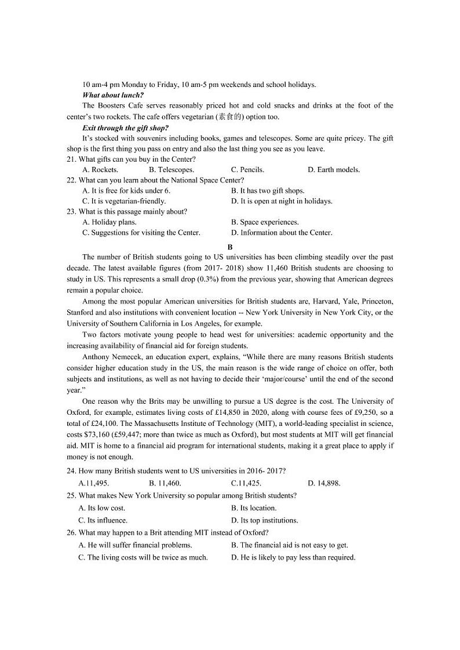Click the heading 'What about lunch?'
coord(113,95)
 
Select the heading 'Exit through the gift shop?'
coord(125,127)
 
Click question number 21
coord(71,159)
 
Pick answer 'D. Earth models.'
coord(334,170)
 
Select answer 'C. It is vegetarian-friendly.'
coord(124,201)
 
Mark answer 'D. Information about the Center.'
coord(282,232)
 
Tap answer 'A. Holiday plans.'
coord(109,222)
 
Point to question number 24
coord(71,472)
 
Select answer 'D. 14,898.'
coord(324,483)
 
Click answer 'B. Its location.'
coord(254,508)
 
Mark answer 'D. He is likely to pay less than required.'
coord(293,557)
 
